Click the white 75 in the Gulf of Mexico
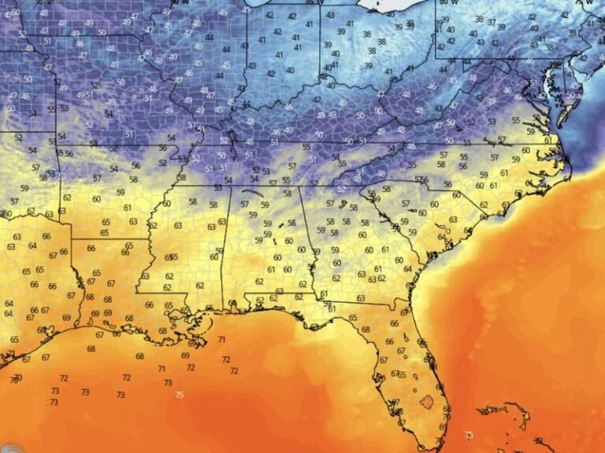[180, 395]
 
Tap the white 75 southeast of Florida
[470, 434]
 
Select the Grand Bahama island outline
[492, 409]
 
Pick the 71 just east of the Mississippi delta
[221, 340]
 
